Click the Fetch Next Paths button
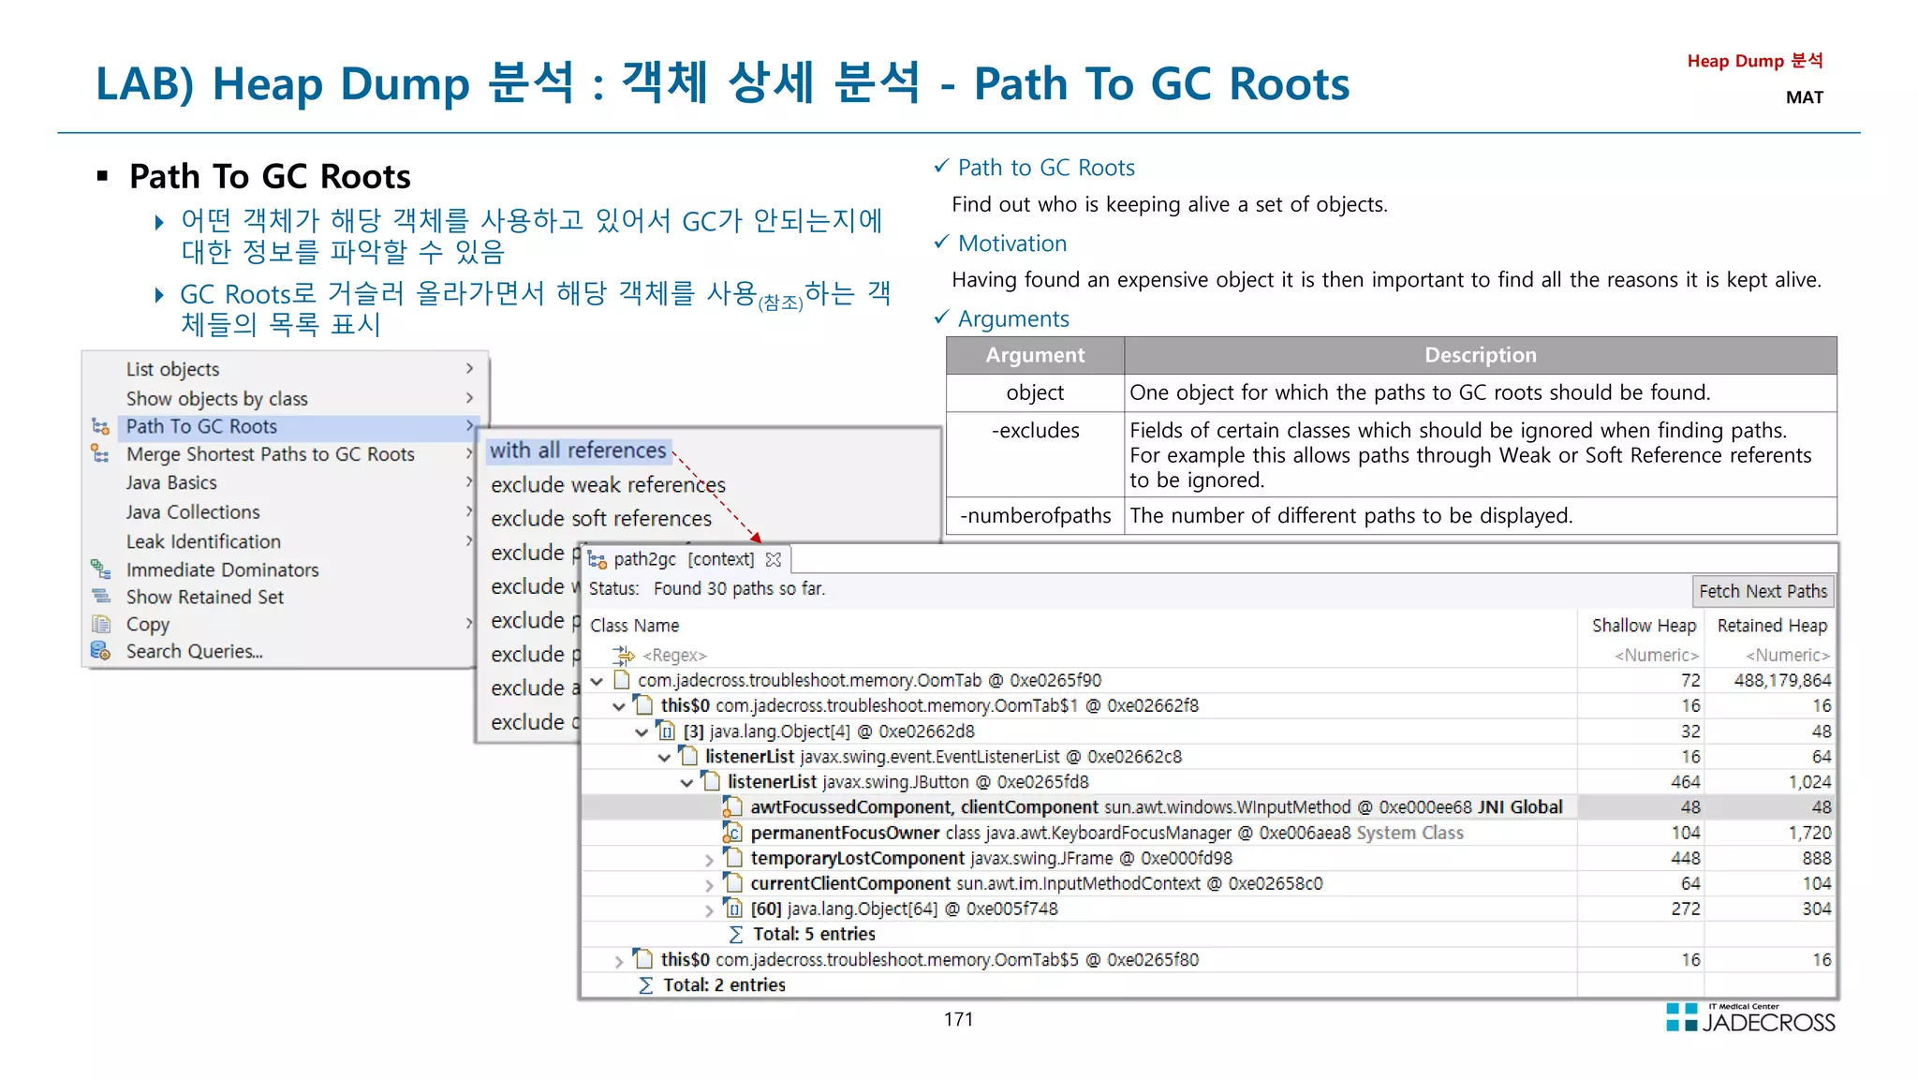(1763, 591)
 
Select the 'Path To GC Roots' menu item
(201, 427)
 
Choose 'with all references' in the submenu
(578, 451)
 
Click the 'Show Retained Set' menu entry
(204, 598)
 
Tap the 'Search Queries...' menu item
(194, 652)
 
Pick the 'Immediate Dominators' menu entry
(222, 570)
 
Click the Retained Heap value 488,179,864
(1781, 681)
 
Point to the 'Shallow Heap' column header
(1644, 626)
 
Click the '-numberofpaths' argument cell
(1035, 516)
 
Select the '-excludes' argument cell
(1035, 431)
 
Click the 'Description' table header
(1480, 356)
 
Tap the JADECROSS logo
(1750, 1019)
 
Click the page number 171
(958, 1020)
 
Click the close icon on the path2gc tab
(774, 560)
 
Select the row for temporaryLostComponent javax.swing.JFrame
(991, 859)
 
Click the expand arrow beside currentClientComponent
(709, 885)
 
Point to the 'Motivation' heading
(1011, 244)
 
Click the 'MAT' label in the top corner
(1804, 97)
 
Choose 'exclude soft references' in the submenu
(601, 519)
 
